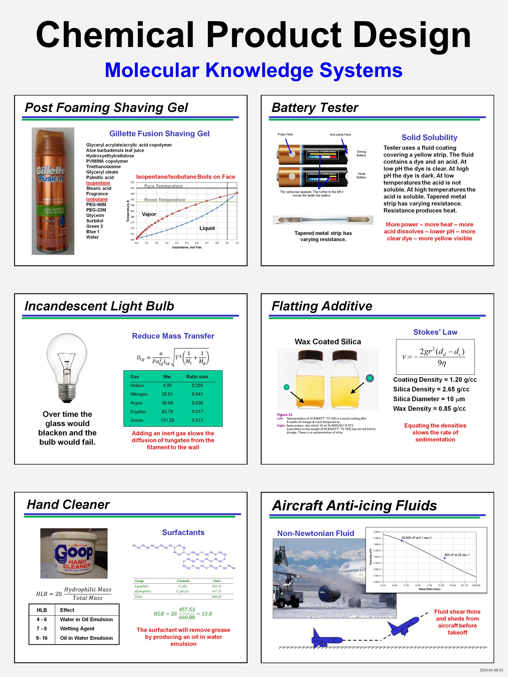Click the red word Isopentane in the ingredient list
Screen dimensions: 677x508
point(98,183)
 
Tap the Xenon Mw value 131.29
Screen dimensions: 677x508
point(167,420)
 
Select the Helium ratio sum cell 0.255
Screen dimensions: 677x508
point(197,385)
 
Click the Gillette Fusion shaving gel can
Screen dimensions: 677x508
point(53,191)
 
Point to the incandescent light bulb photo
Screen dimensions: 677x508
point(67,368)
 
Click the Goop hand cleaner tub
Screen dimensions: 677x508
point(74,553)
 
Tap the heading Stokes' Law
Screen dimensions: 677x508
point(435,332)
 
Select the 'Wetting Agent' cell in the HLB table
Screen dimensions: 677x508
point(77,628)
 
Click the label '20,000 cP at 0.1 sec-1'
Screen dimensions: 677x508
point(417,537)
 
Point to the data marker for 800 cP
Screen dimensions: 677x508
point(444,558)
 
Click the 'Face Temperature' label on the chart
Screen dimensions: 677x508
point(163,186)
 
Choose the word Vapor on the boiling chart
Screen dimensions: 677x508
point(149,214)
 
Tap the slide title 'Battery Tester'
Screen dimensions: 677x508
point(315,108)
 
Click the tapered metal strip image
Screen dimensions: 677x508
point(323,219)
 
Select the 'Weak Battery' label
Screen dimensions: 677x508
point(361,175)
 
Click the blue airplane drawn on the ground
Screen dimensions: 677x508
point(326,640)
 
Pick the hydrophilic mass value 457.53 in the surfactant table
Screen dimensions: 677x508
point(216,591)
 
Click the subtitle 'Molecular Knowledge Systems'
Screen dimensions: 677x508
point(253,70)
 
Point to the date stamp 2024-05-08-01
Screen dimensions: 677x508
point(491,670)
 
